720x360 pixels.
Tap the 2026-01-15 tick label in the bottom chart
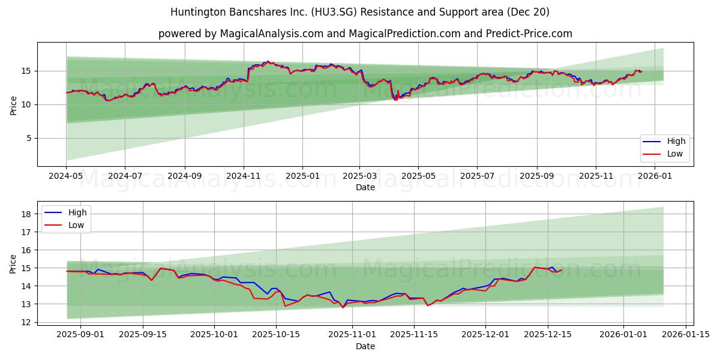686,334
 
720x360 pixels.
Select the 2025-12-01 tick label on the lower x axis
485,334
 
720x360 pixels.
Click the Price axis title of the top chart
13,104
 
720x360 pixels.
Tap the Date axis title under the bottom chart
365,346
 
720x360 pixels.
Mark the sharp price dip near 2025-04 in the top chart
395,100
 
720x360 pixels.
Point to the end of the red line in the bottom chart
562,270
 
